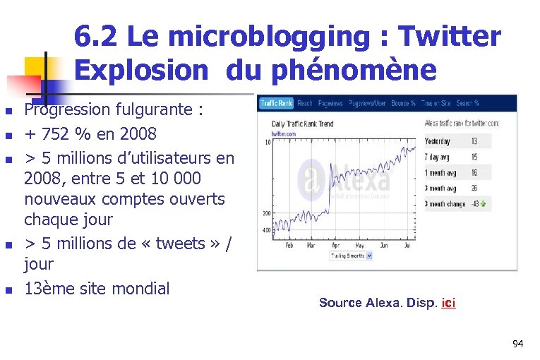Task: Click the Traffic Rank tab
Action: [x=277, y=103]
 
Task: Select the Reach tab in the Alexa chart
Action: [x=305, y=103]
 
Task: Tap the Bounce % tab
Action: [x=403, y=103]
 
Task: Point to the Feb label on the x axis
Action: [x=289, y=246]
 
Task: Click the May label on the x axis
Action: [x=361, y=246]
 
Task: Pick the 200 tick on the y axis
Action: [x=266, y=212]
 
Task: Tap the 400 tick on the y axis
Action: [x=266, y=230]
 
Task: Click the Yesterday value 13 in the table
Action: [x=474, y=141]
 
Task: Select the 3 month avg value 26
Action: [x=474, y=188]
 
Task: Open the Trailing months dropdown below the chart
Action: [x=351, y=256]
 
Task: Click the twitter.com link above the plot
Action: [x=283, y=133]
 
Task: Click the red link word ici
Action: [x=448, y=303]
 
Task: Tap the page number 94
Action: [x=518, y=344]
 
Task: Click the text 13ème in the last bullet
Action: [x=48, y=288]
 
